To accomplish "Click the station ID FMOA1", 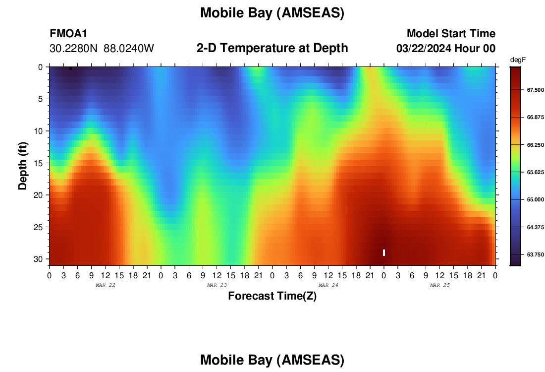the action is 68,33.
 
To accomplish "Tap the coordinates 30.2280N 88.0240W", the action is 102,48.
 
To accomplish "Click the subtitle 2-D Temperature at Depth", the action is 272,48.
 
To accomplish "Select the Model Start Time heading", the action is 451,33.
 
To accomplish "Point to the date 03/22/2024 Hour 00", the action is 446,48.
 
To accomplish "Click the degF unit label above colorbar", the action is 518,60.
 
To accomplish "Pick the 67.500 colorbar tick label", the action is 535,90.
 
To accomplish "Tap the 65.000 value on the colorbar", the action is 535,199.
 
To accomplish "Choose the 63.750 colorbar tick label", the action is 535,254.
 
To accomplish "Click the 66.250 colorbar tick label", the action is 535,145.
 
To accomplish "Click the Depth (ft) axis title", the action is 23,166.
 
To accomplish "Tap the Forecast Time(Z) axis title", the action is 272,296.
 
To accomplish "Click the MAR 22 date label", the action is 106,285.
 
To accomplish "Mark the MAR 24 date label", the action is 328,285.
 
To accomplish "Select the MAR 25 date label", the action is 440,285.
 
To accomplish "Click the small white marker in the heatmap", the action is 383,252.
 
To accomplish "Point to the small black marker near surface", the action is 70,68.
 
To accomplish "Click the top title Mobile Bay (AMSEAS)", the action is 272,13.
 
